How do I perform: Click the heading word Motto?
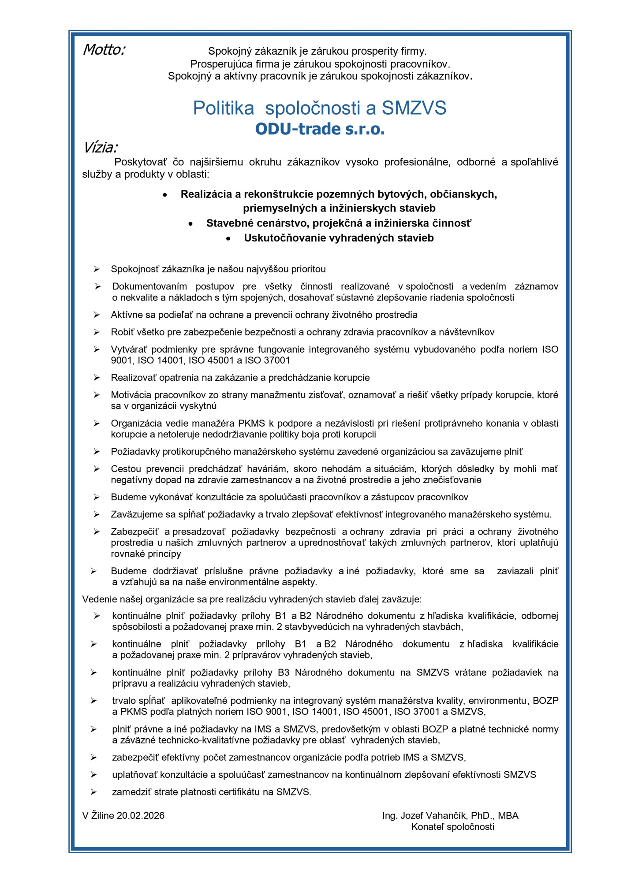104,50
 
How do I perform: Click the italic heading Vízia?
100,147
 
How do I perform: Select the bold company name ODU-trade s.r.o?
320,129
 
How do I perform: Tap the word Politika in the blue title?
224,108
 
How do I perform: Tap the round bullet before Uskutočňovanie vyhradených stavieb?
228,238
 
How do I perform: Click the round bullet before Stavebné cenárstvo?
190,224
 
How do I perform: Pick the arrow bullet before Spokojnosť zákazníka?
97,269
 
